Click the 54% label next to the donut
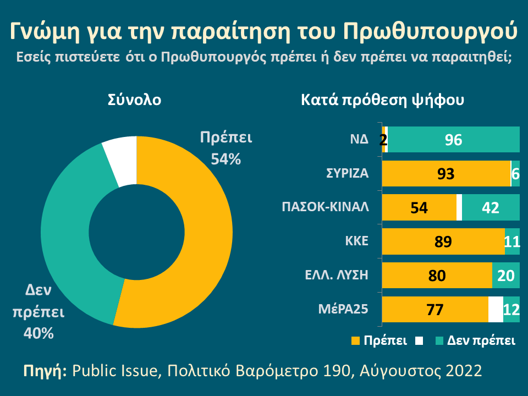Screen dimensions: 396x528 [226, 160]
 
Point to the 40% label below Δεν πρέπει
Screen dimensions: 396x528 [38, 333]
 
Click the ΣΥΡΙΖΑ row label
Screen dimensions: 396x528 [344, 174]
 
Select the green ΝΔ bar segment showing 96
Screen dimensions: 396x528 [454, 140]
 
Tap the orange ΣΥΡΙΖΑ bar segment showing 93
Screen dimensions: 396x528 [446, 174]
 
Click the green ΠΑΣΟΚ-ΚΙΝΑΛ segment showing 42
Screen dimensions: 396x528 [490, 208]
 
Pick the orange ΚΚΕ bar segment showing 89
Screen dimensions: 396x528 [443, 242]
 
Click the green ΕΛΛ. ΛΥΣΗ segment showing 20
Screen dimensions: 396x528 [505, 276]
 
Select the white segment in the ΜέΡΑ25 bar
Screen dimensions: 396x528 [496, 310]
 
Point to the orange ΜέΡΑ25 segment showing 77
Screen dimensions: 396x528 [435, 310]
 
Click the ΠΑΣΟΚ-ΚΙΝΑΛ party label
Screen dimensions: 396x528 [324, 208]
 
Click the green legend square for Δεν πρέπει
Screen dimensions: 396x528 [439, 341]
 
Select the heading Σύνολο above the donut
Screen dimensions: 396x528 [135, 101]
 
